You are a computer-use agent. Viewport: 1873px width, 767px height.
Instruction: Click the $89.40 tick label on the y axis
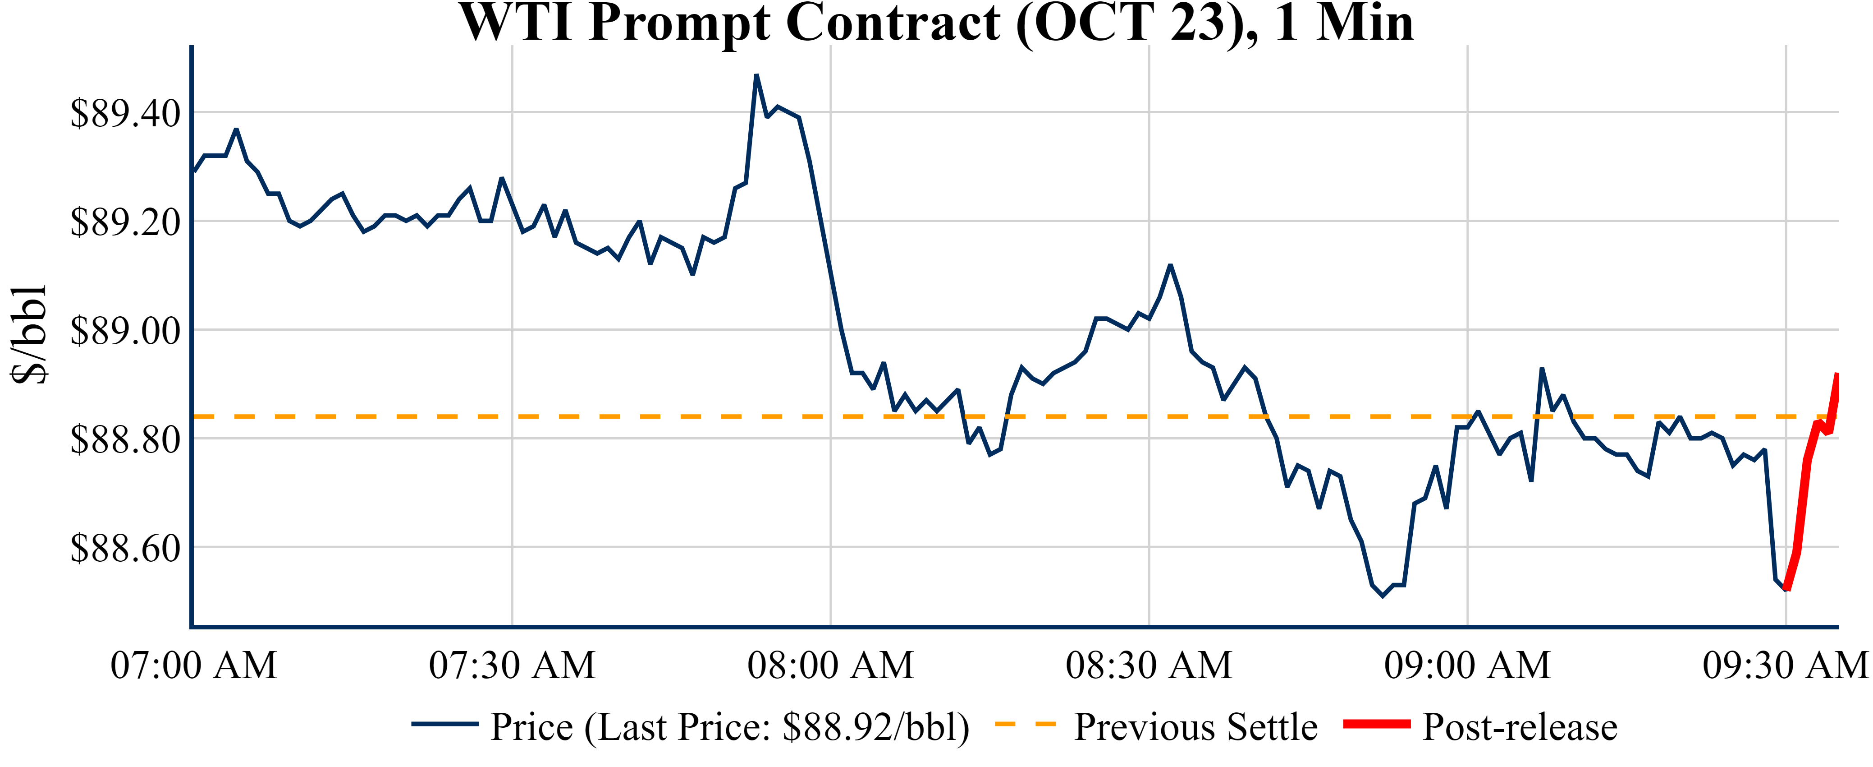click(125, 114)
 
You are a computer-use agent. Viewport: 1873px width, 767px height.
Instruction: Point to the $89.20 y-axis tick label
click(125, 222)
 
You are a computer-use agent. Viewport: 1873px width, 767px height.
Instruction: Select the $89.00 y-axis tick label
click(125, 331)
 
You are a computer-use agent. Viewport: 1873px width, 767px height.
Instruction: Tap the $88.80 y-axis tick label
click(125, 439)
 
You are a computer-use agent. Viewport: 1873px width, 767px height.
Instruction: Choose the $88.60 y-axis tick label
click(125, 548)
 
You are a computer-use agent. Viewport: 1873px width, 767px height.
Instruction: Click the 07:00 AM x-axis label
click(193, 665)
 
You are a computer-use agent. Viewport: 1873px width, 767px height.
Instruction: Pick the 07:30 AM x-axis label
click(512, 665)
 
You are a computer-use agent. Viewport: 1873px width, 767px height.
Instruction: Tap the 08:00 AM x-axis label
click(830, 665)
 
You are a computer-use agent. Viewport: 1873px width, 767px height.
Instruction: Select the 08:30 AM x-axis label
click(1149, 665)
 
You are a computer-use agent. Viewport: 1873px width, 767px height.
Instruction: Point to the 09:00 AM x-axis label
click(1467, 665)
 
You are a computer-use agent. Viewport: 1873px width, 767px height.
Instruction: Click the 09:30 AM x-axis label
click(1786, 665)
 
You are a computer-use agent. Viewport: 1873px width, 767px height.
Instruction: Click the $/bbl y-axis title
click(29, 334)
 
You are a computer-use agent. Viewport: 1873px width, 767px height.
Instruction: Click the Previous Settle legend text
click(1195, 727)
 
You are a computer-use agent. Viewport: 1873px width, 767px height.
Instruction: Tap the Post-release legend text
click(1520, 727)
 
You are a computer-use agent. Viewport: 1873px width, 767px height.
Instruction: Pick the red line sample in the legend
click(1376, 724)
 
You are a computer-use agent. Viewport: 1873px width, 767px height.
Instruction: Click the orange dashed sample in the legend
click(1025, 724)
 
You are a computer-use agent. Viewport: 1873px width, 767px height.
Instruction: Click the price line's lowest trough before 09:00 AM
click(1383, 596)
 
